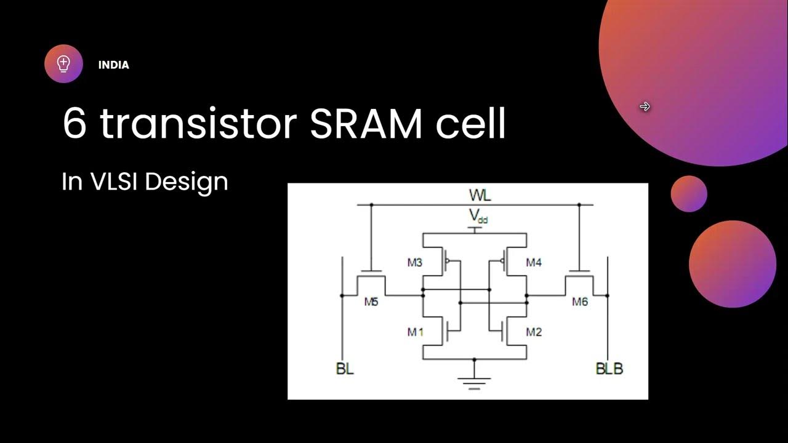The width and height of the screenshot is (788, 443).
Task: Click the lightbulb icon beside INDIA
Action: [63, 63]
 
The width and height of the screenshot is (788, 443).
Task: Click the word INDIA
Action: [113, 65]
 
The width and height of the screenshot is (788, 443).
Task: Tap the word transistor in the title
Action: [199, 124]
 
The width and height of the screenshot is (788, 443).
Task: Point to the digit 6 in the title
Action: [74, 124]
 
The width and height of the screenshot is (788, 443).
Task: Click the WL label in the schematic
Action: [480, 196]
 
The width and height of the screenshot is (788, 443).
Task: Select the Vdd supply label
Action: [478, 216]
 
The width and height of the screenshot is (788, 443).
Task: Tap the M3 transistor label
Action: [415, 263]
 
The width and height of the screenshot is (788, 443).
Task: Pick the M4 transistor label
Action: [533, 263]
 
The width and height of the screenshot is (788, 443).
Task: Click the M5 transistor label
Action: [371, 301]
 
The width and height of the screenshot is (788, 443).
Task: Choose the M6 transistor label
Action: [580, 301]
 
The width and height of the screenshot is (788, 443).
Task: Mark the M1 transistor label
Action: [416, 332]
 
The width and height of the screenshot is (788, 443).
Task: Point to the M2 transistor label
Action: [534, 332]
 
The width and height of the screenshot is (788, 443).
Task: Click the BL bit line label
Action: [345, 369]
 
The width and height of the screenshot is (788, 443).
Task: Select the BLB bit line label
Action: [609, 369]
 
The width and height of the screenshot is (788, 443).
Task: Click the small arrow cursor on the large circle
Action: [645, 107]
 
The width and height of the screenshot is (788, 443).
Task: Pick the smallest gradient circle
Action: [689, 194]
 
